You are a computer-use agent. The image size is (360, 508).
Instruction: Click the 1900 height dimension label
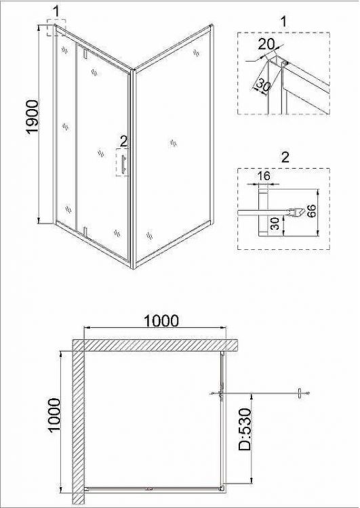tap(33, 117)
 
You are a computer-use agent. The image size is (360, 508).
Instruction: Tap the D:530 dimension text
tap(245, 429)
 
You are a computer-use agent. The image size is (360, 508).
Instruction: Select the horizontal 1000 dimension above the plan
tap(161, 321)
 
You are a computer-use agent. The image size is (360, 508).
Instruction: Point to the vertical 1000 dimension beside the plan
tap(54, 415)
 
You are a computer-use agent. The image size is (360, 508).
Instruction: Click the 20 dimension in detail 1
tap(266, 44)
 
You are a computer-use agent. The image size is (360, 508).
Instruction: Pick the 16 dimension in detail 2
tap(264, 175)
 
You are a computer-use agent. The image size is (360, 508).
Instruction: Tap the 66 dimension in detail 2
tap(311, 211)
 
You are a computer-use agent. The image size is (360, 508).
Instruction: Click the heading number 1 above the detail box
tap(284, 22)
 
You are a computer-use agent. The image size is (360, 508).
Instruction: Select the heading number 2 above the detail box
tap(285, 157)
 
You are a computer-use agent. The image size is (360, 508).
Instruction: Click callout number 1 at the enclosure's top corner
tap(56, 12)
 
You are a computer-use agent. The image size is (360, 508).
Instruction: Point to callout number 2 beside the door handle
tap(124, 142)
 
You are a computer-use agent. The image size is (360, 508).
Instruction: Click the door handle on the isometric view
tap(123, 164)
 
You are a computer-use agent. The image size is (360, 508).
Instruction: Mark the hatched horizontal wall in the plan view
tap(155, 345)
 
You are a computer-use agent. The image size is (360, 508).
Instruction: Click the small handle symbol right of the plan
tap(300, 394)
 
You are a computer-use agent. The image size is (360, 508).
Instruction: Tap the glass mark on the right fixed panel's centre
tap(174, 142)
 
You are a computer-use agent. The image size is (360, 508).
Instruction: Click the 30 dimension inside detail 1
tap(263, 85)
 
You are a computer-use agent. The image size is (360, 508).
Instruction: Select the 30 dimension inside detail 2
tap(275, 224)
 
